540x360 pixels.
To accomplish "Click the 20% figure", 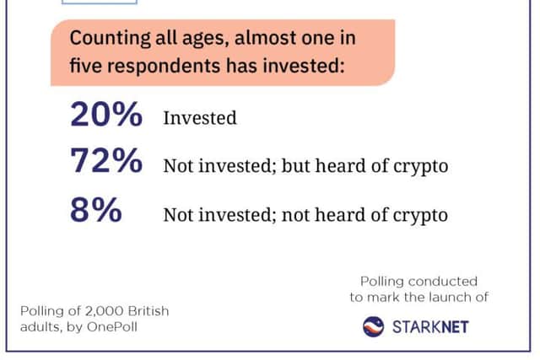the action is (106, 115).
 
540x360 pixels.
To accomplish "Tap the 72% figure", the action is (106, 160).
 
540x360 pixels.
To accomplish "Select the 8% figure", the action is (95, 210).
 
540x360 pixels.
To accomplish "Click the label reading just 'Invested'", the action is (200, 118).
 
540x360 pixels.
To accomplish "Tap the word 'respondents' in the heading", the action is (164, 66).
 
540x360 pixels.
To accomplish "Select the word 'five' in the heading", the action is (86, 65).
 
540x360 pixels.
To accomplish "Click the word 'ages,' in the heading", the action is (206, 39).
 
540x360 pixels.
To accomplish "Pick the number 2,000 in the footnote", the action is (105, 311).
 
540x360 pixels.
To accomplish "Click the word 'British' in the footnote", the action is (148, 311).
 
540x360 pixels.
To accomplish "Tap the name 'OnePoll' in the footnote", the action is (112, 326).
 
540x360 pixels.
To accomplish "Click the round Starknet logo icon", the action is (373, 326).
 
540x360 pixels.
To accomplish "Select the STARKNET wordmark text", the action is (430, 327).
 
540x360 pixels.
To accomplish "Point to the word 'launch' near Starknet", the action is (447, 297).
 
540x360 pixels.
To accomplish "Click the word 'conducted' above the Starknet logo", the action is (442, 282).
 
